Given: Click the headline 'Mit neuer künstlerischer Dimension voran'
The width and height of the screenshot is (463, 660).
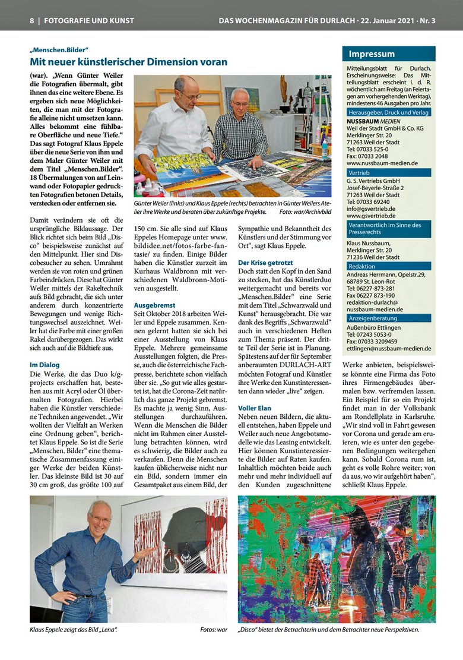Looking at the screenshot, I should [128, 62].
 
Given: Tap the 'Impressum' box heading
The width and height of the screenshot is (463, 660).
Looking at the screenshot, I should [372, 54].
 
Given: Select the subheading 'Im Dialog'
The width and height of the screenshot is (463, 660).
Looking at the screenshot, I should [45, 365].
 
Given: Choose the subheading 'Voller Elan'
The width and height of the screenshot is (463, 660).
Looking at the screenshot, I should [255, 409].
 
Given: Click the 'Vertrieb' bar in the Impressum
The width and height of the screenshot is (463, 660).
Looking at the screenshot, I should [359, 172].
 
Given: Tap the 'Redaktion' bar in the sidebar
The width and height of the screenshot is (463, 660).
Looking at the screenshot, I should [362, 267].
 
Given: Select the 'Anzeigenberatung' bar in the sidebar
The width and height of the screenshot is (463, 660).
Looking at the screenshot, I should [373, 318].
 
